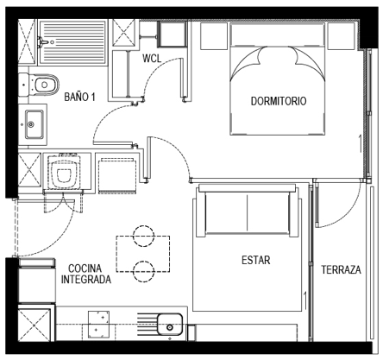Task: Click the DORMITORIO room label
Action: point(279,101)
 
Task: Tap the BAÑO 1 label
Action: point(79,97)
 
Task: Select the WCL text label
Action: point(152,59)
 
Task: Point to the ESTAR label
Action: point(256,260)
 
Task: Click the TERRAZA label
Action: point(341,269)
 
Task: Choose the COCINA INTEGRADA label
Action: point(86,274)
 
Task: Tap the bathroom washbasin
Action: point(34,124)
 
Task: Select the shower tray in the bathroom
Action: point(72,41)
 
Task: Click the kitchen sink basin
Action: point(170,325)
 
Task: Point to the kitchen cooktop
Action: point(98,325)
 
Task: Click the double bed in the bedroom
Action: point(278,79)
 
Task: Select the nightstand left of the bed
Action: point(214,36)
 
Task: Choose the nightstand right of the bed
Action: point(342,36)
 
